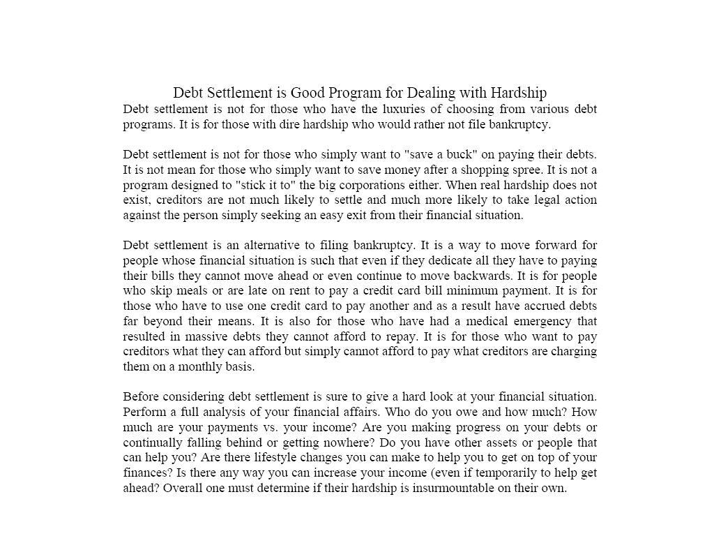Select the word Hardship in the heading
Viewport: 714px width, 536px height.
tap(518, 93)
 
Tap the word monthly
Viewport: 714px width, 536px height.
tap(202, 366)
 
